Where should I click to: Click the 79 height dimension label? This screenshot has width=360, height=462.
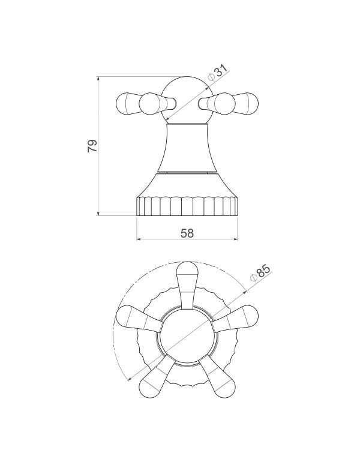click(92, 146)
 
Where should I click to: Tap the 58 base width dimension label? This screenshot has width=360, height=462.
click(187, 233)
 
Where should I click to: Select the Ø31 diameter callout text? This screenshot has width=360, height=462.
click(218, 72)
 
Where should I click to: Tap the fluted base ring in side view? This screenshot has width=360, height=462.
click(187, 206)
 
